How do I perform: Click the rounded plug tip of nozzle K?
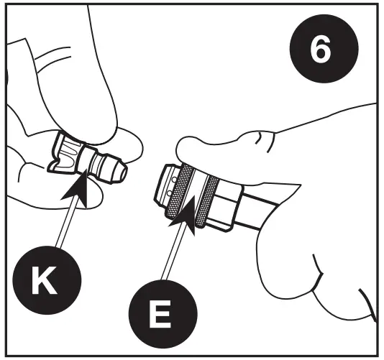point(118,169)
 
